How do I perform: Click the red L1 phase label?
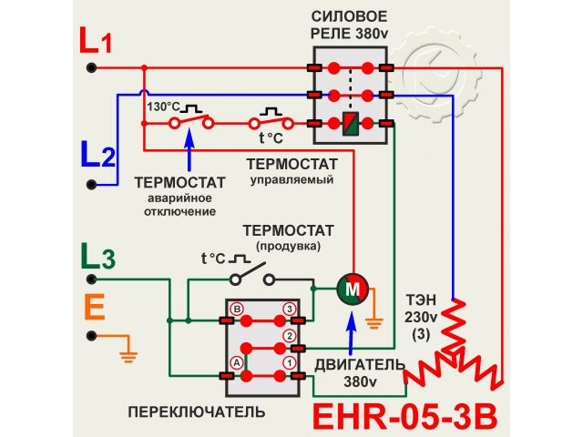click(96, 41)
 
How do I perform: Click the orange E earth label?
click(94, 307)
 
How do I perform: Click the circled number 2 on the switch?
click(290, 336)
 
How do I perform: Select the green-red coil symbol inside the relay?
click(350, 123)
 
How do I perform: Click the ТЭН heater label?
click(421, 300)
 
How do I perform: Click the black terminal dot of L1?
click(91, 67)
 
